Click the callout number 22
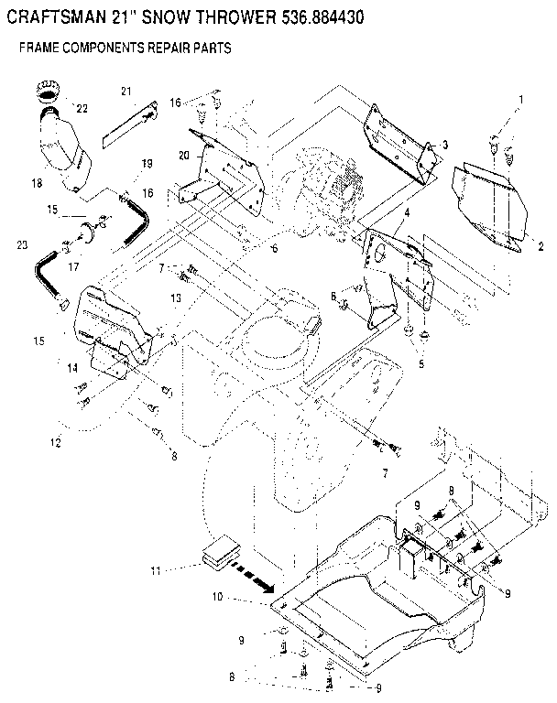82,108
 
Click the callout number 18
37,184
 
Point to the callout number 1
521,99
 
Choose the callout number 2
540,246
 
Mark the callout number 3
443,145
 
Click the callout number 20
184,156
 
